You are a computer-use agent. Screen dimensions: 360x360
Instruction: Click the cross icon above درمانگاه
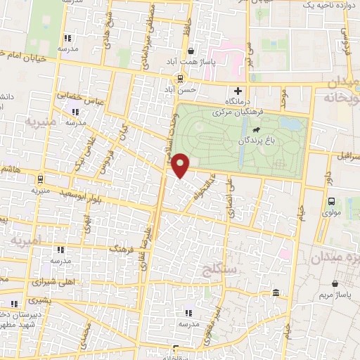pyautogui.click(x=238, y=91)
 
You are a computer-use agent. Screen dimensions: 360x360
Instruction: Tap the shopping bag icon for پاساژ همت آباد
pyautogui.click(x=191, y=51)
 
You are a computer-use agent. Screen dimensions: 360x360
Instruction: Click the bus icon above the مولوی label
pyautogui.click(x=330, y=201)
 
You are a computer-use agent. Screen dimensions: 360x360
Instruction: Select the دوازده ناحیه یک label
pyautogui.click(x=326, y=5)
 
